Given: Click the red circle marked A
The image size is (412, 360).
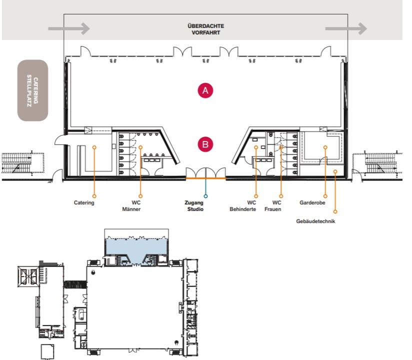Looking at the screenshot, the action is click(x=205, y=90).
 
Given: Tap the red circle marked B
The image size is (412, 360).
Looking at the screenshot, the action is click(x=205, y=144).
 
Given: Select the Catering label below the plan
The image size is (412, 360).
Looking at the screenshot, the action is click(x=84, y=202).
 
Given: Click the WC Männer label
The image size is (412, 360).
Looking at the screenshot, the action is click(x=131, y=206).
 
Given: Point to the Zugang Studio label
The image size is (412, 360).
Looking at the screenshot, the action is click(x=194, y=206).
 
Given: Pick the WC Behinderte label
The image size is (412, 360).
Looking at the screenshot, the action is click(x=243, y=206).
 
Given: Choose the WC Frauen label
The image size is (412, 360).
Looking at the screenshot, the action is click(x=272, y=206).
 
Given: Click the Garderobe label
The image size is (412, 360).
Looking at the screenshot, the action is click(x=312, y=202).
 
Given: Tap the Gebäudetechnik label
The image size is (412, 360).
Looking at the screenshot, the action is click(x=315, y=221).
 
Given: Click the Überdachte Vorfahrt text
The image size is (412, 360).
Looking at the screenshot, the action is click(x=205, y=29).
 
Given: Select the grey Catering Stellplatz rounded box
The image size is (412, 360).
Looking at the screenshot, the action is click(x=32, y=90).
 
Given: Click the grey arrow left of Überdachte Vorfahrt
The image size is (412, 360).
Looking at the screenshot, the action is click(x=69, y=28).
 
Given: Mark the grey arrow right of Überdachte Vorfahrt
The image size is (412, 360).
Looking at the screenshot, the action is click(x=346, y=28).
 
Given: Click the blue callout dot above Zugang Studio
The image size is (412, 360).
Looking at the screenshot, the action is click(x=205, y=196).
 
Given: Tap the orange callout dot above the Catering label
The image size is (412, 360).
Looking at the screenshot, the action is click(x=94, y=196).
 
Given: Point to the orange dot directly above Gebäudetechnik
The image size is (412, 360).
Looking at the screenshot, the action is click(x=335, y=211).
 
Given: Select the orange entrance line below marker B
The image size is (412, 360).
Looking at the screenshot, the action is click(x=205, y=178).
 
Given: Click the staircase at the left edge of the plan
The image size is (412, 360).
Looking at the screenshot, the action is click(x=23, y=163).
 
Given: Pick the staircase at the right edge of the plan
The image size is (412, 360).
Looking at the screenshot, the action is click(x=377, y=163).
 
